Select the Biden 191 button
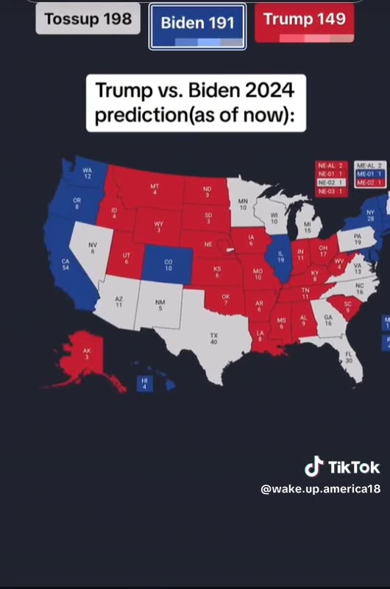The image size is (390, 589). [197, 25]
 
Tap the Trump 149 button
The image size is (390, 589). [304, 21]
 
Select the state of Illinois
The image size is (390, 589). [280, 257]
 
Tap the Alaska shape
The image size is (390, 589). [86, 356]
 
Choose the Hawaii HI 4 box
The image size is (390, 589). [144, 383]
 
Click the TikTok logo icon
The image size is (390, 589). [314, 467]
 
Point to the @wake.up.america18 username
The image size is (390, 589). [321, 489]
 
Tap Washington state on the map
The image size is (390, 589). [87, 174]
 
